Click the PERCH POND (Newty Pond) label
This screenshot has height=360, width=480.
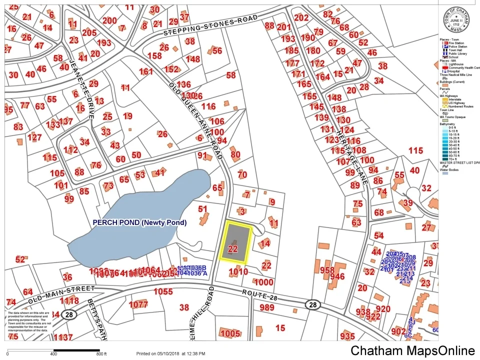[x=139, y=222]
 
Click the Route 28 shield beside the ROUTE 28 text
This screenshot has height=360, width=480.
[x=312, y=304]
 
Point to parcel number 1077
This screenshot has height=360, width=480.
[x=138, y=304]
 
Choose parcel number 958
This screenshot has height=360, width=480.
[x=327, y=270]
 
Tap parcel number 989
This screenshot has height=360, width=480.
[x=266, y=307]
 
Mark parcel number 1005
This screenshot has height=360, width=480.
[x=229, y=333]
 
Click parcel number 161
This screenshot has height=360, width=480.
[x=145, y=71]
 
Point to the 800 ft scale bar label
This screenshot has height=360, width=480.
[x=101, y=354]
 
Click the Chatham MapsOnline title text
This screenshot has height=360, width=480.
[x=412, y=350]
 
